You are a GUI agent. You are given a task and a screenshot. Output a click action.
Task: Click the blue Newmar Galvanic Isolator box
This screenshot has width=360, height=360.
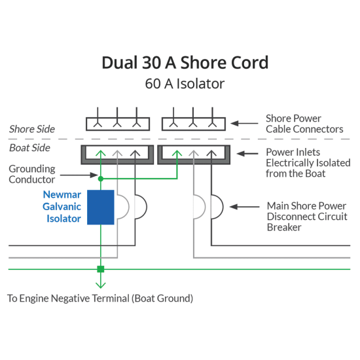101,207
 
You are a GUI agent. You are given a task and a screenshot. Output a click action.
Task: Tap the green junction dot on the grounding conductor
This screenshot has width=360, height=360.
101,179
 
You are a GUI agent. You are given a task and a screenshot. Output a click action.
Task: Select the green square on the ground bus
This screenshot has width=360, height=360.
101,269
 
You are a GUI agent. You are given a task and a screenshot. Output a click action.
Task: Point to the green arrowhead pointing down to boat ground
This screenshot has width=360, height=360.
101,285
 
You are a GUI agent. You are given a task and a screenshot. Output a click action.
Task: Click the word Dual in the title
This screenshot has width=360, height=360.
119,63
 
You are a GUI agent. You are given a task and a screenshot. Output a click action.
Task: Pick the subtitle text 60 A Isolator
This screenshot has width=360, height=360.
185,84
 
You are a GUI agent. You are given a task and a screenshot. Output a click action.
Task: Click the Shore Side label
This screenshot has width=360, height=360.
32,129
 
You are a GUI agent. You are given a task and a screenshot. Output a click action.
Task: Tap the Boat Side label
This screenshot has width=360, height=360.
29,148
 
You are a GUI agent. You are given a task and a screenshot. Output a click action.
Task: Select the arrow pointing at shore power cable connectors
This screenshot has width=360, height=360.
244,124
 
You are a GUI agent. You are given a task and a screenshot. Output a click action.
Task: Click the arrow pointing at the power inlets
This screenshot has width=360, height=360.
247,153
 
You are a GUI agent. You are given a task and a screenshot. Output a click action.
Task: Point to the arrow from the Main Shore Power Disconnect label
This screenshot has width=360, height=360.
244,207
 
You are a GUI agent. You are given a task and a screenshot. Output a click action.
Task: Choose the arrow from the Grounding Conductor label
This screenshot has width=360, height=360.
79,175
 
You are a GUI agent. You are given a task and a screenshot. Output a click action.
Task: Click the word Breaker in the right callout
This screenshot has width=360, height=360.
284,227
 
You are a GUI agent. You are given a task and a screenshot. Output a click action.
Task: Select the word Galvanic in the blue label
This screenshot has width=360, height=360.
62,207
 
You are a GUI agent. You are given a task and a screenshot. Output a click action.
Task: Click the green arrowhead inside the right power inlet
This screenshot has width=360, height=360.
177,153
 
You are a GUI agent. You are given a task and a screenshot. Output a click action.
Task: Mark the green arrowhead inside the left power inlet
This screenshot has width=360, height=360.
101,153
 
